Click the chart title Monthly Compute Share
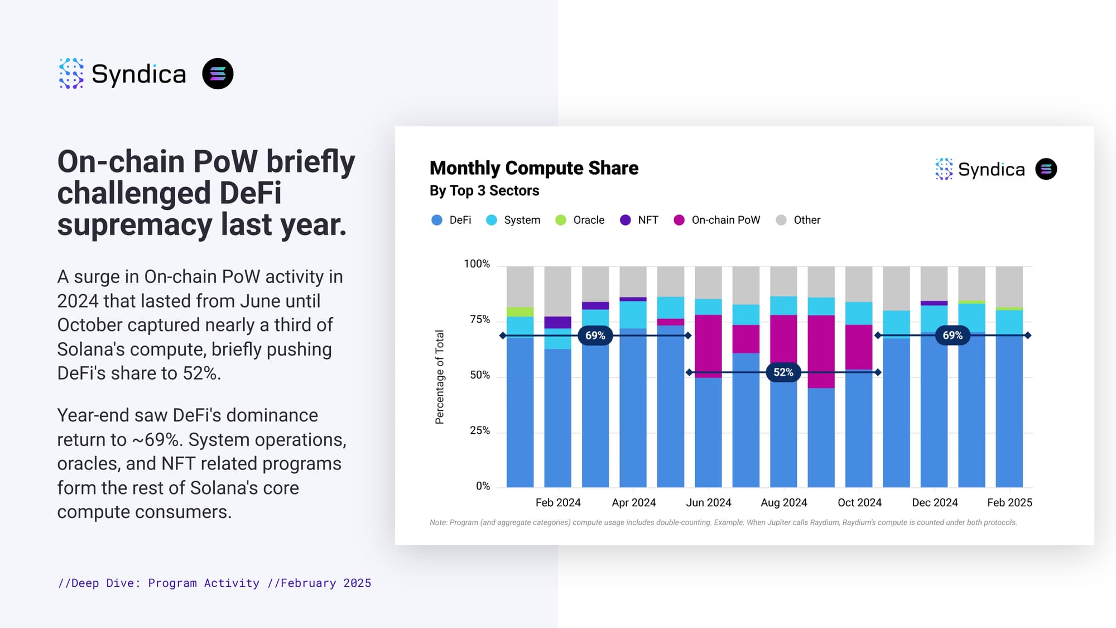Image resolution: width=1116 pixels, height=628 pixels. tap(533, 168)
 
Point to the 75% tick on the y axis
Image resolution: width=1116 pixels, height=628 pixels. tap(480, 319)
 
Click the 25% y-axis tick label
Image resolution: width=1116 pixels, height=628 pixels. tap(480, 430)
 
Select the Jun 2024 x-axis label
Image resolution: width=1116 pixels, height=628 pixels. tap(708, 502)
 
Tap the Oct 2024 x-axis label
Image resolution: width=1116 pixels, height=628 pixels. tap(859, 502)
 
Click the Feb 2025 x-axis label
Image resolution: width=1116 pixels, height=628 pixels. tap(1009, 502)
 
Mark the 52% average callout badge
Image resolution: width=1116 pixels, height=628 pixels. tap(783, 372)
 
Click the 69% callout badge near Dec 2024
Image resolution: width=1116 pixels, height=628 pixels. tap(953, 335)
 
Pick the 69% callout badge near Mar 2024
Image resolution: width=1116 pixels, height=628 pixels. tap(595, 335)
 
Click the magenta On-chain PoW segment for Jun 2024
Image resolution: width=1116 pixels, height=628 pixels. tap(708, 346)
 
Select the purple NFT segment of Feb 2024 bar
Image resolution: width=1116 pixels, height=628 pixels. tap(557, 322)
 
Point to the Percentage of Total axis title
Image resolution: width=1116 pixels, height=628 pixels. tap(440, 377)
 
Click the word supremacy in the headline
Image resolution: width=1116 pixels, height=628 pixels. tap(134, 224)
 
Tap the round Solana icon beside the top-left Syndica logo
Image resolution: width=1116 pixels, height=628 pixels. tap(218, 74)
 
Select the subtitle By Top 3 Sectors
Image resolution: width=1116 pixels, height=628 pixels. tap(484, 191)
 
